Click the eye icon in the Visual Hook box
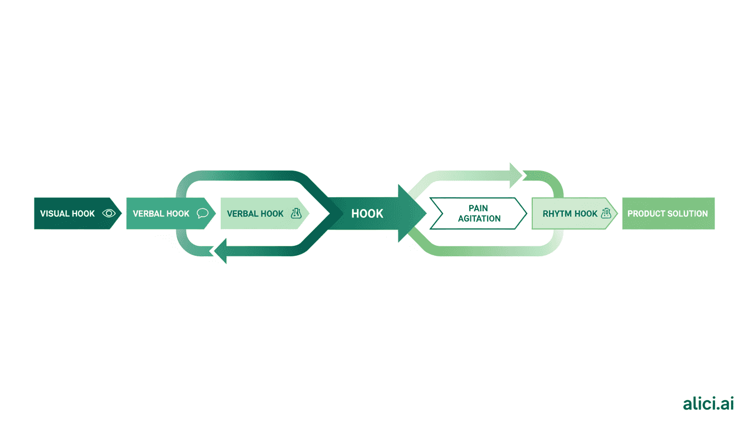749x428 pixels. [x=109, y=213]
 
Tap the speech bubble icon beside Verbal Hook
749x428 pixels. [x=202, y=213]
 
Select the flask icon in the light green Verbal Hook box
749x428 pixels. [x=296, y=213]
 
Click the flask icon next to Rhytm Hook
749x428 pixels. [x=606, y=213]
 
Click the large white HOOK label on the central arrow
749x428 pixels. [x=367, y=213]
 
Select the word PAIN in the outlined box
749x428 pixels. [x=479, y=208]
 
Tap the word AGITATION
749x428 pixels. [x=479, y=219]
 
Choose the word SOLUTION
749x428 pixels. [x=689, y=213]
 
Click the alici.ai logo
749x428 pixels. [x=708, y=404]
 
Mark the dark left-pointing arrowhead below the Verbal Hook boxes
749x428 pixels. [x=221, y=251]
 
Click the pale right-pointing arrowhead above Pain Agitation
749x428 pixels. [x=516, y=176]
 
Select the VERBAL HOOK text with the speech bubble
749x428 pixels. [x=161, y=213]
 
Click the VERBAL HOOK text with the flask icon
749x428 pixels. [x=255, y=213]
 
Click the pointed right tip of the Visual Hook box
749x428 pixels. [x=119, y=213]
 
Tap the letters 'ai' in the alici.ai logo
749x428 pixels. [x=727, y=404]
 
